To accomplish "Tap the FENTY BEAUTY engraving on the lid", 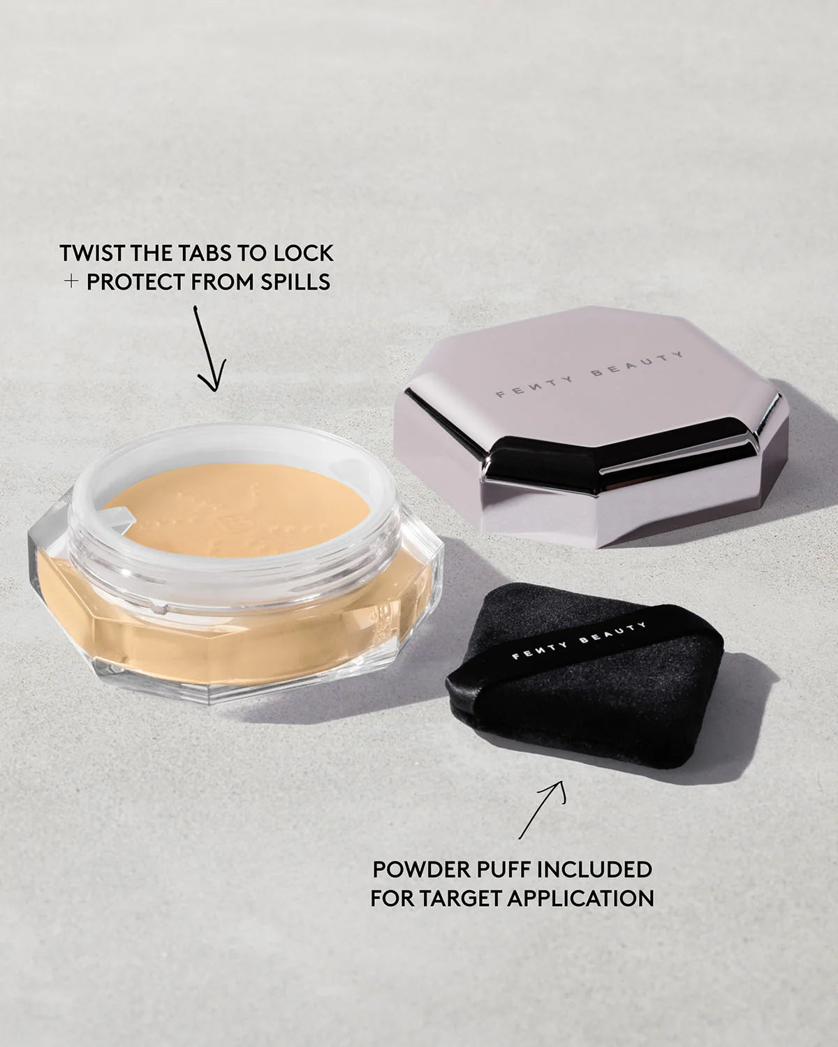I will (590, 375).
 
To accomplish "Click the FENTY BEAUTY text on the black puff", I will (580, 641).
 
